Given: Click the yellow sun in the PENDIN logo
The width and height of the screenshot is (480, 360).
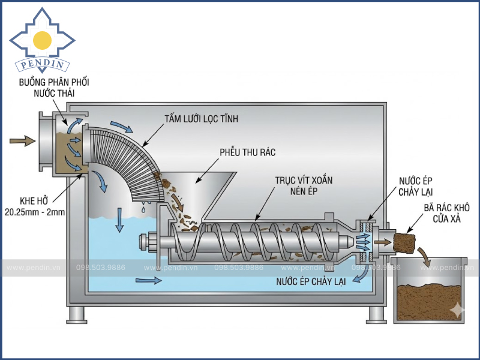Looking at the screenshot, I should (x=42, y=40).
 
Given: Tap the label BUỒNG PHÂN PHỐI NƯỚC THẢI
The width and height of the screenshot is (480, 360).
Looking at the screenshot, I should (x=50, y=88).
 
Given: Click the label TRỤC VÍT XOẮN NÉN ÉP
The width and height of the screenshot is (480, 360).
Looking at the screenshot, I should (x=304, y=185).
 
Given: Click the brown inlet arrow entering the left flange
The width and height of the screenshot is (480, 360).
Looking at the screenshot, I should (x=22, y=141).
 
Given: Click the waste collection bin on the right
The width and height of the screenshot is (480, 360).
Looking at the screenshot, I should (x=430, y=288).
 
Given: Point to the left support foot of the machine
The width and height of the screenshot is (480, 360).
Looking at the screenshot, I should (x=76, y=314).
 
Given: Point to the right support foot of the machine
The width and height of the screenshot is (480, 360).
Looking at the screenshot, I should (x=376, y=314).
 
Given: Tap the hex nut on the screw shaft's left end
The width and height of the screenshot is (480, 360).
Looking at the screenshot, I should (x=144, y=242).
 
